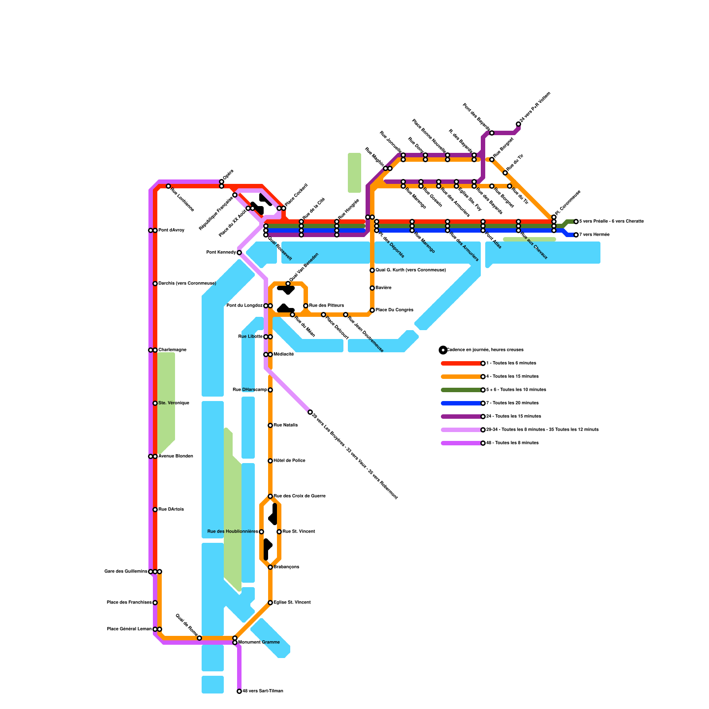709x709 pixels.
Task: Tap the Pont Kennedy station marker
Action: [x=239, y=253]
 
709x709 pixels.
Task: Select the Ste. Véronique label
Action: [x=174, y=403]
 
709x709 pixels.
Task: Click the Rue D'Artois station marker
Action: [x=155, y=510]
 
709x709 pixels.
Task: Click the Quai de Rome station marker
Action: [x=199, y=638]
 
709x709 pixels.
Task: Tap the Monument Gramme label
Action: [x=259, y=643]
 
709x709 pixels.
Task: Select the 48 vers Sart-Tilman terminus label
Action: [x=263, y=691]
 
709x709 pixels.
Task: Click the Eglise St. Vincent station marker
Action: [x=270, y=603]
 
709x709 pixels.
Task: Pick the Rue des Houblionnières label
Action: [x=232, y=532]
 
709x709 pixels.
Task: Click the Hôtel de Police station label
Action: [x=289, y=461]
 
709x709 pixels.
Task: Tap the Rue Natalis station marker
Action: [x=270, y=425]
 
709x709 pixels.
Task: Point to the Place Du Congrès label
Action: [x=394, y=310]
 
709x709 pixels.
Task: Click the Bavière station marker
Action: [x=372, y=288]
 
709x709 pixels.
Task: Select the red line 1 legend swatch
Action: [x=461, y=363]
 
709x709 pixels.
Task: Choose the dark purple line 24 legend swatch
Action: [x=461, y=417]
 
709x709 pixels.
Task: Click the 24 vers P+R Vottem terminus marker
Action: [x=518, y=124]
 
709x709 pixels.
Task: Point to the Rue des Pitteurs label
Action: [x=326, y=306]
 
